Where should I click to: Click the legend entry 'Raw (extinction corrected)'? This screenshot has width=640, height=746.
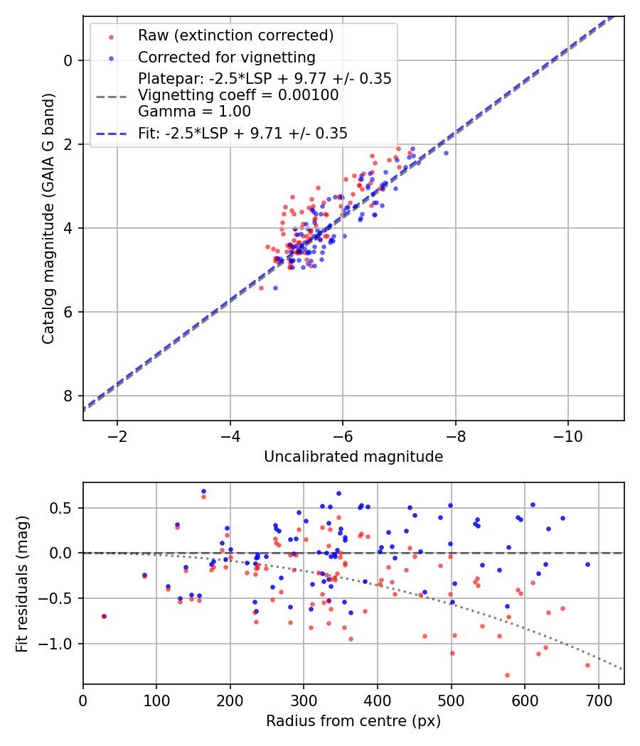[235, 36]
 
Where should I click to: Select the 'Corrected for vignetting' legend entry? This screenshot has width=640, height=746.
[227, 57]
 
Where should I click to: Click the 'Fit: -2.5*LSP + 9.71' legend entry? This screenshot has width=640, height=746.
[242, 133]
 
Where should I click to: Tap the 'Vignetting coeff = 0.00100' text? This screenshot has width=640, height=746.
[238, 94]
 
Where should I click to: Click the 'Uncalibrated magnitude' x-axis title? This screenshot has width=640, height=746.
[353, 457]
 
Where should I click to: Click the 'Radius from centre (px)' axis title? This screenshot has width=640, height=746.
[353, 721]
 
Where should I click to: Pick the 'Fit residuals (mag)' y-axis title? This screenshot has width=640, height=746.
[22, 584]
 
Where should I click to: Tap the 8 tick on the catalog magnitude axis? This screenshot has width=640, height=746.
[68, 396]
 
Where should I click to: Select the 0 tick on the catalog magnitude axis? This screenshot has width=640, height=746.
[68, 60]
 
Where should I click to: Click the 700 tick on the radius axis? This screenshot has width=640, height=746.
[598, 700]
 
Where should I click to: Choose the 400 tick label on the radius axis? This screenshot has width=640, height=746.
[378, 700]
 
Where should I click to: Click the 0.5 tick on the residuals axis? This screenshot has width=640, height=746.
[63, 507]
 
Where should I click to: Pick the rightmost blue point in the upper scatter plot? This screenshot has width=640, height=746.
[447, 153]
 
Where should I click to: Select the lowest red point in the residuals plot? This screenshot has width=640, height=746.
[507, 675]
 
